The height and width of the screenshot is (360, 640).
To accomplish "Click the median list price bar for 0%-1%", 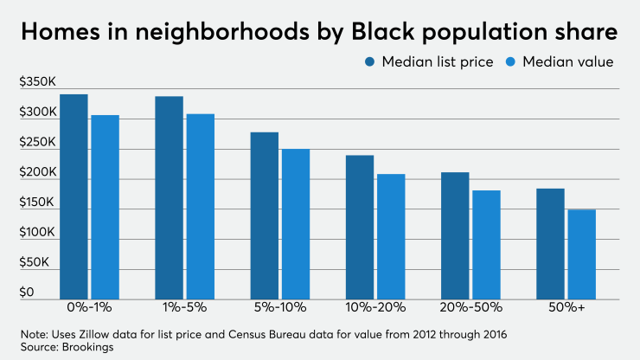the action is (74, 197).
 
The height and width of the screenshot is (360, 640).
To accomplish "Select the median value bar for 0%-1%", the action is (106, 207).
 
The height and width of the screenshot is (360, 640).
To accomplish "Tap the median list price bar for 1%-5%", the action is (169, 198).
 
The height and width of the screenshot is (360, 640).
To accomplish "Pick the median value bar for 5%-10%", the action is (296, 224).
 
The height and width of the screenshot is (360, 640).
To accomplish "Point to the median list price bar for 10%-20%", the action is (360, 228).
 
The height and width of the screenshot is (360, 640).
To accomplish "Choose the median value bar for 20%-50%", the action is (487, 245).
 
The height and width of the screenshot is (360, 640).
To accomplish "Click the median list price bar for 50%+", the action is (550, 244).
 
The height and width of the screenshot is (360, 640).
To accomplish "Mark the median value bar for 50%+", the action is (582, 254).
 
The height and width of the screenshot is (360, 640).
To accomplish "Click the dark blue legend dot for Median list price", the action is (370, 62).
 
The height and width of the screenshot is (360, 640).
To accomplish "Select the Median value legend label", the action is (567, 62).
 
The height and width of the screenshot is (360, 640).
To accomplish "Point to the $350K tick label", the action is (37, 81).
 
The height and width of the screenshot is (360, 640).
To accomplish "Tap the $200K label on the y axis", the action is (38, 172).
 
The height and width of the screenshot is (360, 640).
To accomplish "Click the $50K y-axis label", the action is (35, 262).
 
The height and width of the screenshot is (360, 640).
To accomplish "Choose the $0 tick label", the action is (27, 292).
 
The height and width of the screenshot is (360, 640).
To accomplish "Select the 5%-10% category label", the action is (280, 307).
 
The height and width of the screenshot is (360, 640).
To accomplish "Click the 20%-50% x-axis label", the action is (471, 307).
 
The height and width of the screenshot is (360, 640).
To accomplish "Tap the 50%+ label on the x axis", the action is (566, 307).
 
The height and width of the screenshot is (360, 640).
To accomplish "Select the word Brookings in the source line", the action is (87, 347).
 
